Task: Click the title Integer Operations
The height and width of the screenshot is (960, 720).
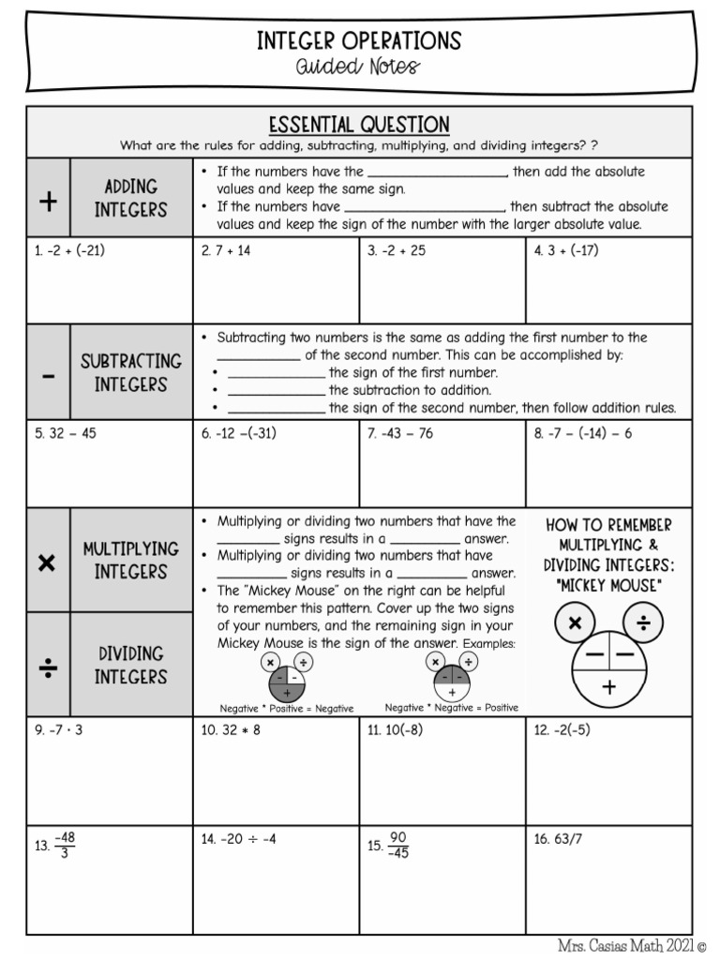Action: tap(359, 40)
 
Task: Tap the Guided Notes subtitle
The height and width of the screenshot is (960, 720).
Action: tap(359, 67)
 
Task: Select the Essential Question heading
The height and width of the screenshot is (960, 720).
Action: tap(359, 125)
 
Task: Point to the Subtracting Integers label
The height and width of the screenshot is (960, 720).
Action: tap(130, 372)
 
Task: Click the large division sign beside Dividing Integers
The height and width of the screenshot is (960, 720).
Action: tap(48, 666)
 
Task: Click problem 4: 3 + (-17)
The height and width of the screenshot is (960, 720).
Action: tap(566, 251)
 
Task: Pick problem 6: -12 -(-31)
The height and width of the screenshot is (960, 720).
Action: tap(239, 433)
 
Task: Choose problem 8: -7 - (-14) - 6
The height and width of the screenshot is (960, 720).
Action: tap(583, 433)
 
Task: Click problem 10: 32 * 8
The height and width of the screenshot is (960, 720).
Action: tap(231, 729)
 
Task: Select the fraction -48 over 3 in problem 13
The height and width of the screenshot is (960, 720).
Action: tap(65, 845)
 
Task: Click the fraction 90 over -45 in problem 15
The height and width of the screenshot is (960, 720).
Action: tap(397, 845)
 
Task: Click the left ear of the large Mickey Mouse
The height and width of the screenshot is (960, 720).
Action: tap(575, 622)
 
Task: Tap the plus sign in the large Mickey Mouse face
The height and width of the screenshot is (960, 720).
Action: tap(609, 687)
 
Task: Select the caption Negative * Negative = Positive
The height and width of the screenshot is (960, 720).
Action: tap(451, 708)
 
